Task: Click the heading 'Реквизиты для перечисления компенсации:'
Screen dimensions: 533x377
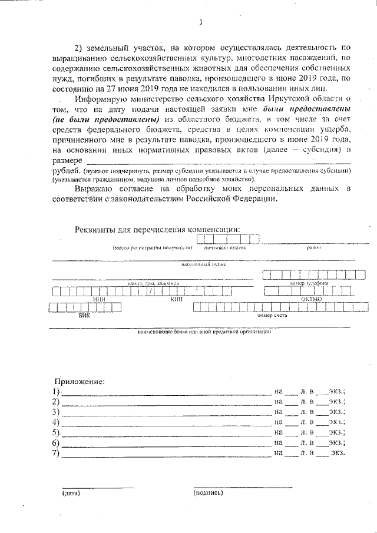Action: point(158,229)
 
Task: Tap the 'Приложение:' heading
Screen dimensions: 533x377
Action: point(80,381)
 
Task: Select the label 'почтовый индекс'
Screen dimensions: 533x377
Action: point(224,249)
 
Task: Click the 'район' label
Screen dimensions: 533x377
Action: point(313,249)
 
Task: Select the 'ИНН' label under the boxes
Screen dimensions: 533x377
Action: point(99,299)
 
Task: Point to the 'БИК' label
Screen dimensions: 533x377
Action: point(85,316)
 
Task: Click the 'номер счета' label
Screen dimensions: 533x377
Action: point(272,316)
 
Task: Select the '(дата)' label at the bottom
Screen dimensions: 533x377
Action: point(71,493)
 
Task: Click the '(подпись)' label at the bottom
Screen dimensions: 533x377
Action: point(208,493)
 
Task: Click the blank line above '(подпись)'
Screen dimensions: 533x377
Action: point(242,487)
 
